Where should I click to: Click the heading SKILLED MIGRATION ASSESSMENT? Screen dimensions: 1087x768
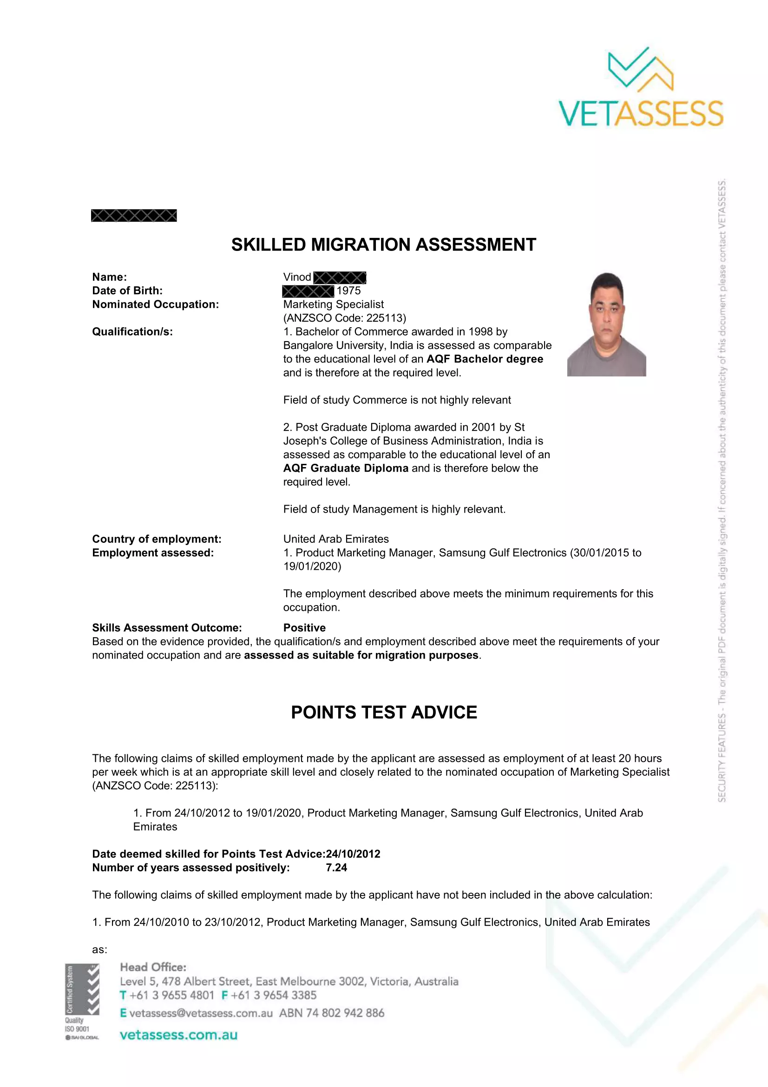[383, 245]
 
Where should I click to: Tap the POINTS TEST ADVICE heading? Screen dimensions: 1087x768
[384, 712]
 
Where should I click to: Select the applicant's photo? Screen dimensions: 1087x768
[607, 324]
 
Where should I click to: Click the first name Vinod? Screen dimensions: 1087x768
[297, 277]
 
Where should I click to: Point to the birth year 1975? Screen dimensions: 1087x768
[349, 290]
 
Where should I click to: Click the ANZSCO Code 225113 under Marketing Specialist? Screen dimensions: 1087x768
[344, 318]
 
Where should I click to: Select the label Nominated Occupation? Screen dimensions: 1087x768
[155, 304]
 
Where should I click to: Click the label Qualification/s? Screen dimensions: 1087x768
[132, 332]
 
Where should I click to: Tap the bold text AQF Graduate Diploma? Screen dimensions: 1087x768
[345, 468]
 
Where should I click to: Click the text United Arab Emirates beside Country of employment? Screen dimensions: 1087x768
[336, 539]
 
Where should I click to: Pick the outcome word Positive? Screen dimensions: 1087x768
[304, 628]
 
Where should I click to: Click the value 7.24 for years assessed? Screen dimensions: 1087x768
[336, 867]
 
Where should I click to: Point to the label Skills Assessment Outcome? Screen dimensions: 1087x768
[167, 628]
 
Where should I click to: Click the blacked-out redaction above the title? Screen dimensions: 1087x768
[134, 216]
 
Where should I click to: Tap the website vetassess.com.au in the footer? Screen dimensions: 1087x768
[178, 1034]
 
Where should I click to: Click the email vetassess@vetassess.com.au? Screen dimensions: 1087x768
[201, 1013]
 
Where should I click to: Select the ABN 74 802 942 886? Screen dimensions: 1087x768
[332, 1013]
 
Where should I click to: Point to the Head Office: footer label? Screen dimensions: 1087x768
[153, 967]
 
